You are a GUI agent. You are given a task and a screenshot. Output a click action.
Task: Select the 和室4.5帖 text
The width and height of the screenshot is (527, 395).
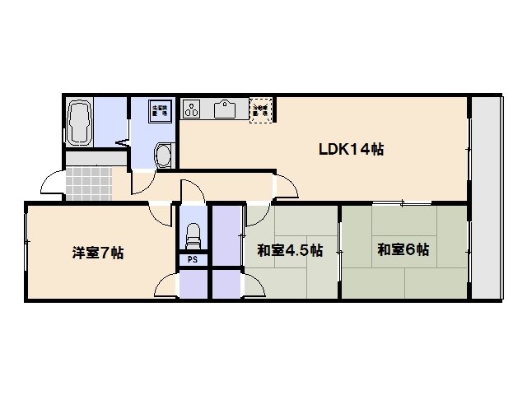[x=289, y=250]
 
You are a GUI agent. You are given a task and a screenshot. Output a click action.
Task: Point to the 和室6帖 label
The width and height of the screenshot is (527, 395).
[x=403, y=249]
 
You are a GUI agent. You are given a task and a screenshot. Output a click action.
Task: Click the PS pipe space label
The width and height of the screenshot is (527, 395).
[x=192, y=259]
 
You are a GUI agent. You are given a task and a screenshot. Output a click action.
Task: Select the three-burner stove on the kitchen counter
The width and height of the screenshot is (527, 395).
[x=193, y=109]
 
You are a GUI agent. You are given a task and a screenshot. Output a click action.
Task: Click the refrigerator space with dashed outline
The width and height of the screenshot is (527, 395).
[x=262, y=110]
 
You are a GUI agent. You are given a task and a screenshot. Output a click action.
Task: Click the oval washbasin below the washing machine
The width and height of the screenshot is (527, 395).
[x=164, y=155]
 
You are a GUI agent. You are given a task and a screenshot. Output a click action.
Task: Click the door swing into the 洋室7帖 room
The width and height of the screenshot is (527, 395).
[x=160, y=212]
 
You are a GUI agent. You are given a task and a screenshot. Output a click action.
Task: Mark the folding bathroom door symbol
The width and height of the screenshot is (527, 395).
[x=122, y=142]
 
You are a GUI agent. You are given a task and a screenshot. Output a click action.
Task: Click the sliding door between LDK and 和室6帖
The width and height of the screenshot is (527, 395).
[x=401, y=203]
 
